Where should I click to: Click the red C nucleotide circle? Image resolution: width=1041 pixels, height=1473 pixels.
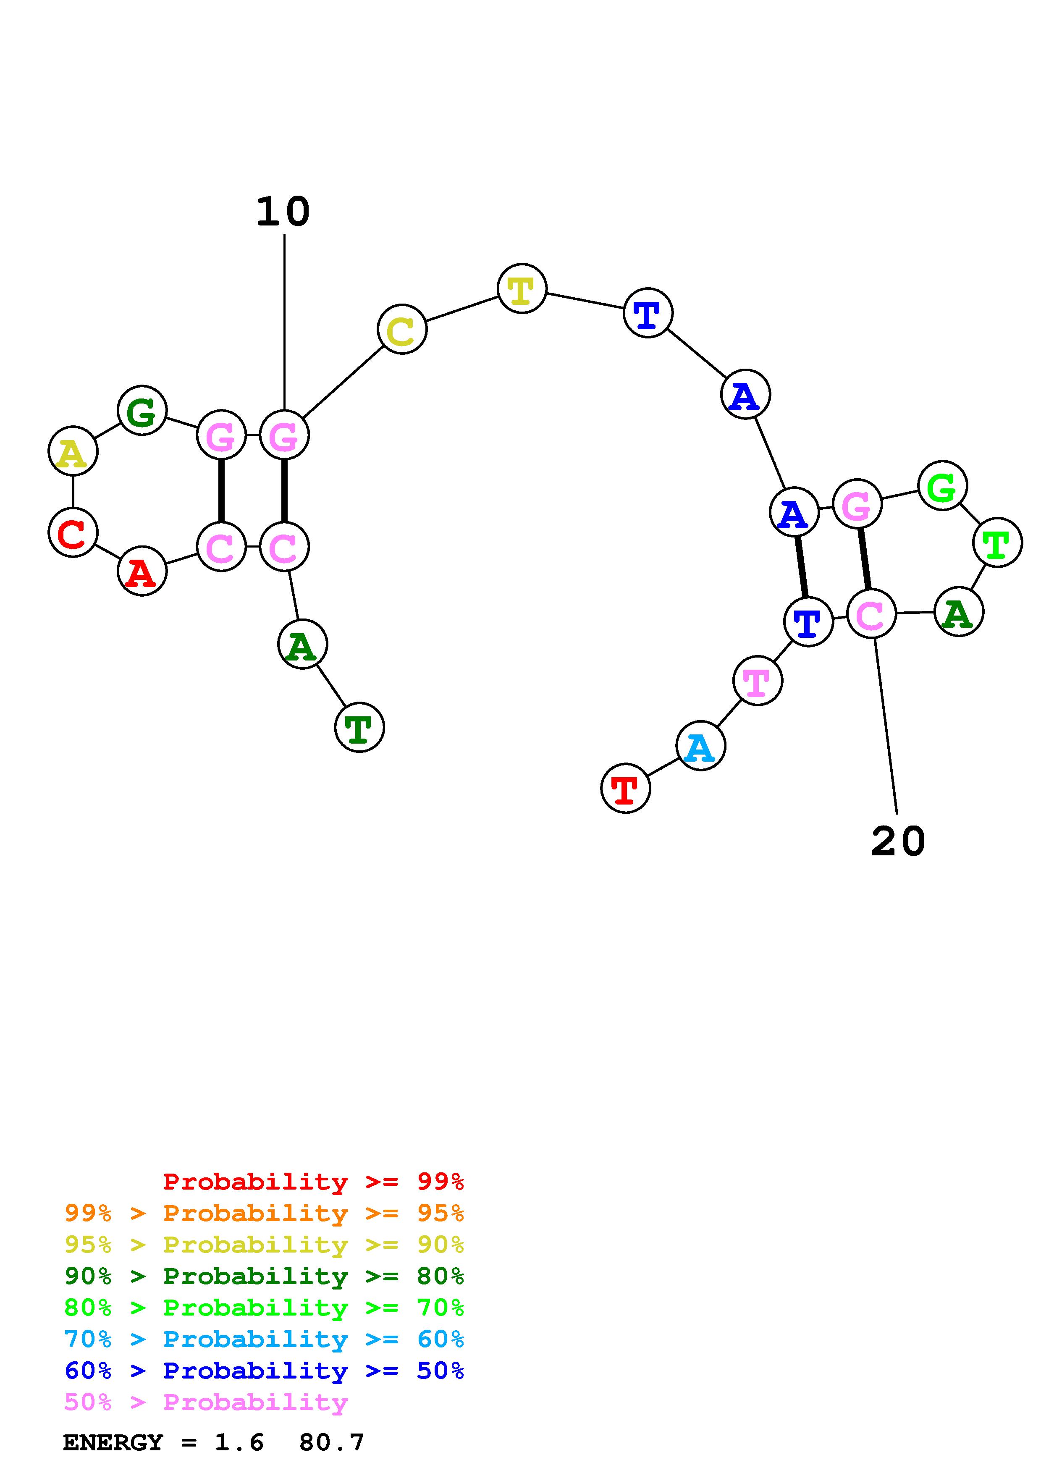coord(73,532)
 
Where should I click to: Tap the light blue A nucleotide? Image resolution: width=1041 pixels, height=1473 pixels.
coord(700,745)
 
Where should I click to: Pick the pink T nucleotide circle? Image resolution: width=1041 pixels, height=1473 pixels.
coord(758,680)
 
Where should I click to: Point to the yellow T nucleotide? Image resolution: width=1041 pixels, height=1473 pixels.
coord(522,289)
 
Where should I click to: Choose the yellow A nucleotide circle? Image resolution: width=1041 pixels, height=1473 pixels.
coord(73,452)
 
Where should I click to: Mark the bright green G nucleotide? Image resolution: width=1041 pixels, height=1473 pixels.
coord(942,486)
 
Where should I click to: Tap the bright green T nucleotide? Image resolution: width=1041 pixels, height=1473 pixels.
coord(997,543)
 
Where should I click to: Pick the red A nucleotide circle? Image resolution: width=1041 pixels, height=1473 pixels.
coord(142,571)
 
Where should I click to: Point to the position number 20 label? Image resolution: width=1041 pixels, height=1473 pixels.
coord(898,842)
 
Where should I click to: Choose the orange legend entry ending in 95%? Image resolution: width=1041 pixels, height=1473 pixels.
coord(264,1213)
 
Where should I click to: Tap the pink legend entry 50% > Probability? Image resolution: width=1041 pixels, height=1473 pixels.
coord(206,1402)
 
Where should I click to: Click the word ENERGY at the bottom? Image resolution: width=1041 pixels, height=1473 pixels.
coord(113,1442)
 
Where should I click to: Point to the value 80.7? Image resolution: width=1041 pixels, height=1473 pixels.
coord(332,1442)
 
